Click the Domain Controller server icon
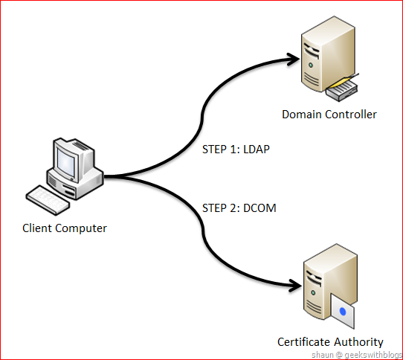pos(329,55)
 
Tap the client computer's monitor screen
pos(65,162)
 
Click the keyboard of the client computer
pos(48,199)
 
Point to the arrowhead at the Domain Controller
pos(293,60)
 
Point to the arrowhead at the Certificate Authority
pos(295,286)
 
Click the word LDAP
pos(257,150)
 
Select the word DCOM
pos(259,208)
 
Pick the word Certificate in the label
pos(304,342)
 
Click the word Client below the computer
pos(37,228)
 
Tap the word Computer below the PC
pos(81,228)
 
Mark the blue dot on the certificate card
pos(343,312)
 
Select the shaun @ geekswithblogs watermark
pos(357,355)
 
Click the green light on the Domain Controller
pos(311,65)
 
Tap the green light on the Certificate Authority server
pos(313,292)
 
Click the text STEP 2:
pos(222,208)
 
